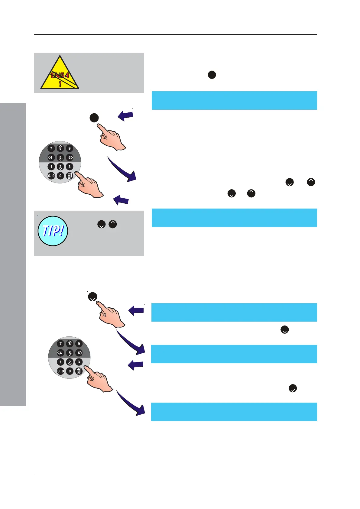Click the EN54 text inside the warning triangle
coord(60,75)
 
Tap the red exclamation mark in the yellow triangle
coord(60,83)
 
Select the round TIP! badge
coord(53,231)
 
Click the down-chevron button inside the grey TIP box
coord(101,224)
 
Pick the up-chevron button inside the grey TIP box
coord(113,224)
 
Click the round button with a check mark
coord(293,388)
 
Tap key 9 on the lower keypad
coord(79,344)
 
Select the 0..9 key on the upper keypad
coord(51,176)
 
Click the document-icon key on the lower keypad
coord(79,371)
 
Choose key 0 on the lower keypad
coord(70,371)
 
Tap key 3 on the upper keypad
coord(70,167)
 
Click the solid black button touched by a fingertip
coord(94,118)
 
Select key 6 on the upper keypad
coord(70,157)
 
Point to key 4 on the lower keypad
coord(60,353)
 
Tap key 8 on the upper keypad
coord(60,148)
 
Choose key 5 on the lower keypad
coord(70,353)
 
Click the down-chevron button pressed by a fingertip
coord(92,297)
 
